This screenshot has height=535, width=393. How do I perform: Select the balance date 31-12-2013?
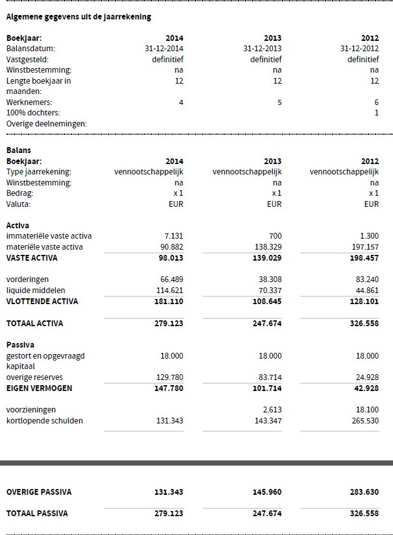pos(262,49)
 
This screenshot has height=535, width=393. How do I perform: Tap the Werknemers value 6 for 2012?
pos(376,102)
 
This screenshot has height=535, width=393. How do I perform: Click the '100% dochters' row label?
pos(32,113)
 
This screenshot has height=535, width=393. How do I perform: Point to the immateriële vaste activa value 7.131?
pos(172,236)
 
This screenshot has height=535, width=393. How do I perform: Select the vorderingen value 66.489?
pos(171,279)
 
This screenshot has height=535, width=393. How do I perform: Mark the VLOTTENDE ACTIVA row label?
pos(42,302)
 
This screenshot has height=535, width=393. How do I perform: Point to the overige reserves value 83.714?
pos(269,377)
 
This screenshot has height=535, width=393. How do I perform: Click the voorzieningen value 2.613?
pos(272,410)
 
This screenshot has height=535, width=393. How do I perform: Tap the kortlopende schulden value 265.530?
pos(364,421)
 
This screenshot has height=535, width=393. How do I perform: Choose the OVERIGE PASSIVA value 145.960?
pos(267,492)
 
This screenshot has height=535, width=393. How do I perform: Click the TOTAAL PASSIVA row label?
pos(36,514)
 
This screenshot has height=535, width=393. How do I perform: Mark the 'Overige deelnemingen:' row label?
pos(46,124)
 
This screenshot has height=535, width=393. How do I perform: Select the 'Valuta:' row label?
pos(19,204)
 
